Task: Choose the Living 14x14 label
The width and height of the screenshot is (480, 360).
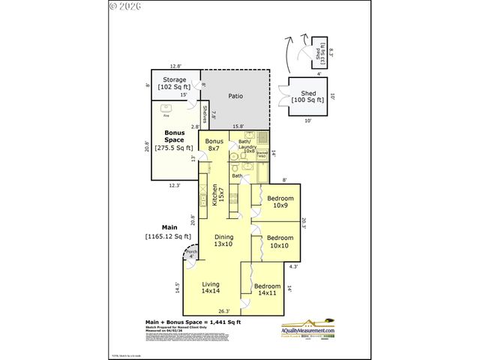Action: (210, 287)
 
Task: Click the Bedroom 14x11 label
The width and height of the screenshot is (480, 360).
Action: (267, 289)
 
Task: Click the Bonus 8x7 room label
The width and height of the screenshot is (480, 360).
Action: (214, 145)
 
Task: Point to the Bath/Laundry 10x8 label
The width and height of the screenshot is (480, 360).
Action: (247, 145)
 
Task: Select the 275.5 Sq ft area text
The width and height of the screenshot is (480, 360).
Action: (174, 148)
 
